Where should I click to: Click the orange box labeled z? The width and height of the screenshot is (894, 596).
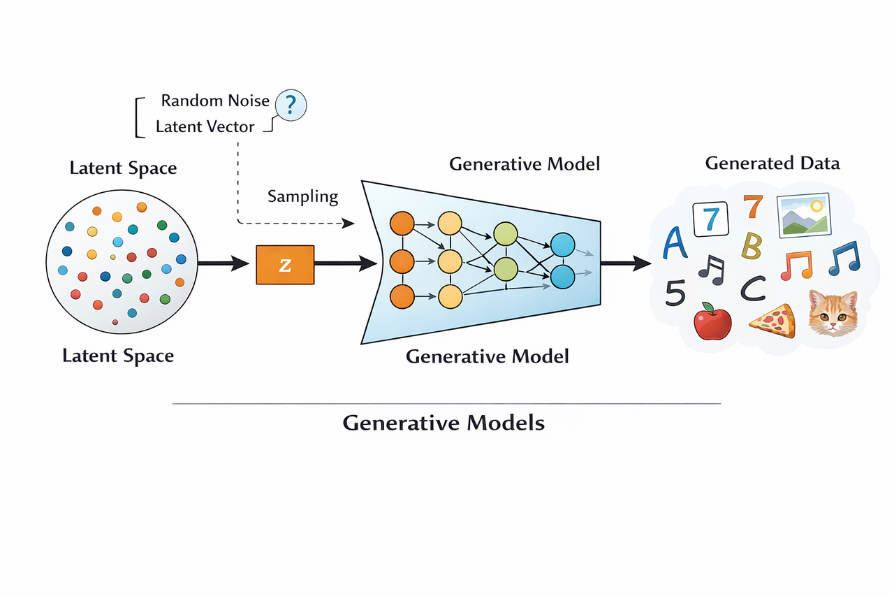(285, 264)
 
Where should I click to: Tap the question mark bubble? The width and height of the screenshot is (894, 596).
(291, 106)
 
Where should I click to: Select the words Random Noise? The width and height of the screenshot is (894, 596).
(215, 101)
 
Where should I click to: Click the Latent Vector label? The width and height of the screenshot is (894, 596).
(205, 127)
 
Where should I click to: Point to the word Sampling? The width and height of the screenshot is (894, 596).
(302, 196)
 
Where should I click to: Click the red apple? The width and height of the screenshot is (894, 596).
(712, 322)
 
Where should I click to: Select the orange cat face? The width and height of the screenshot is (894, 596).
(833, 313)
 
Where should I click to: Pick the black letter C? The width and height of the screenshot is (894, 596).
(752, 288)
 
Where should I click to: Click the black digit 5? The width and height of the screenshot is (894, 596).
(675, 293)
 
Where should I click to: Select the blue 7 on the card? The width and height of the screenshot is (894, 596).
(710, 219)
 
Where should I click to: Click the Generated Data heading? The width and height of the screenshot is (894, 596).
(772, 163)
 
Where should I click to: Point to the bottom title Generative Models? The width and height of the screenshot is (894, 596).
(444, 423)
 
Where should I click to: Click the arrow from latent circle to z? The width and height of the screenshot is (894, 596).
(223, 263)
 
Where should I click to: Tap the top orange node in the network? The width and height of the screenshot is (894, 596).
(402, 224)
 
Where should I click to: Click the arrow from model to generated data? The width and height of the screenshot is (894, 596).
(626, 263)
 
